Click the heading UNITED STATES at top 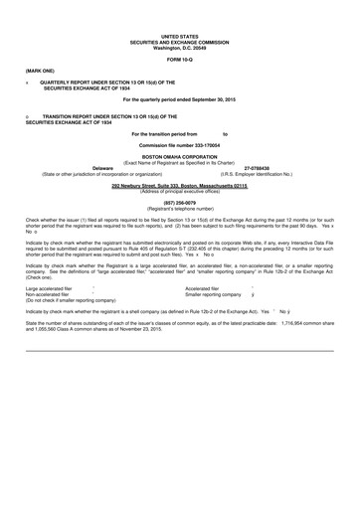180,33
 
